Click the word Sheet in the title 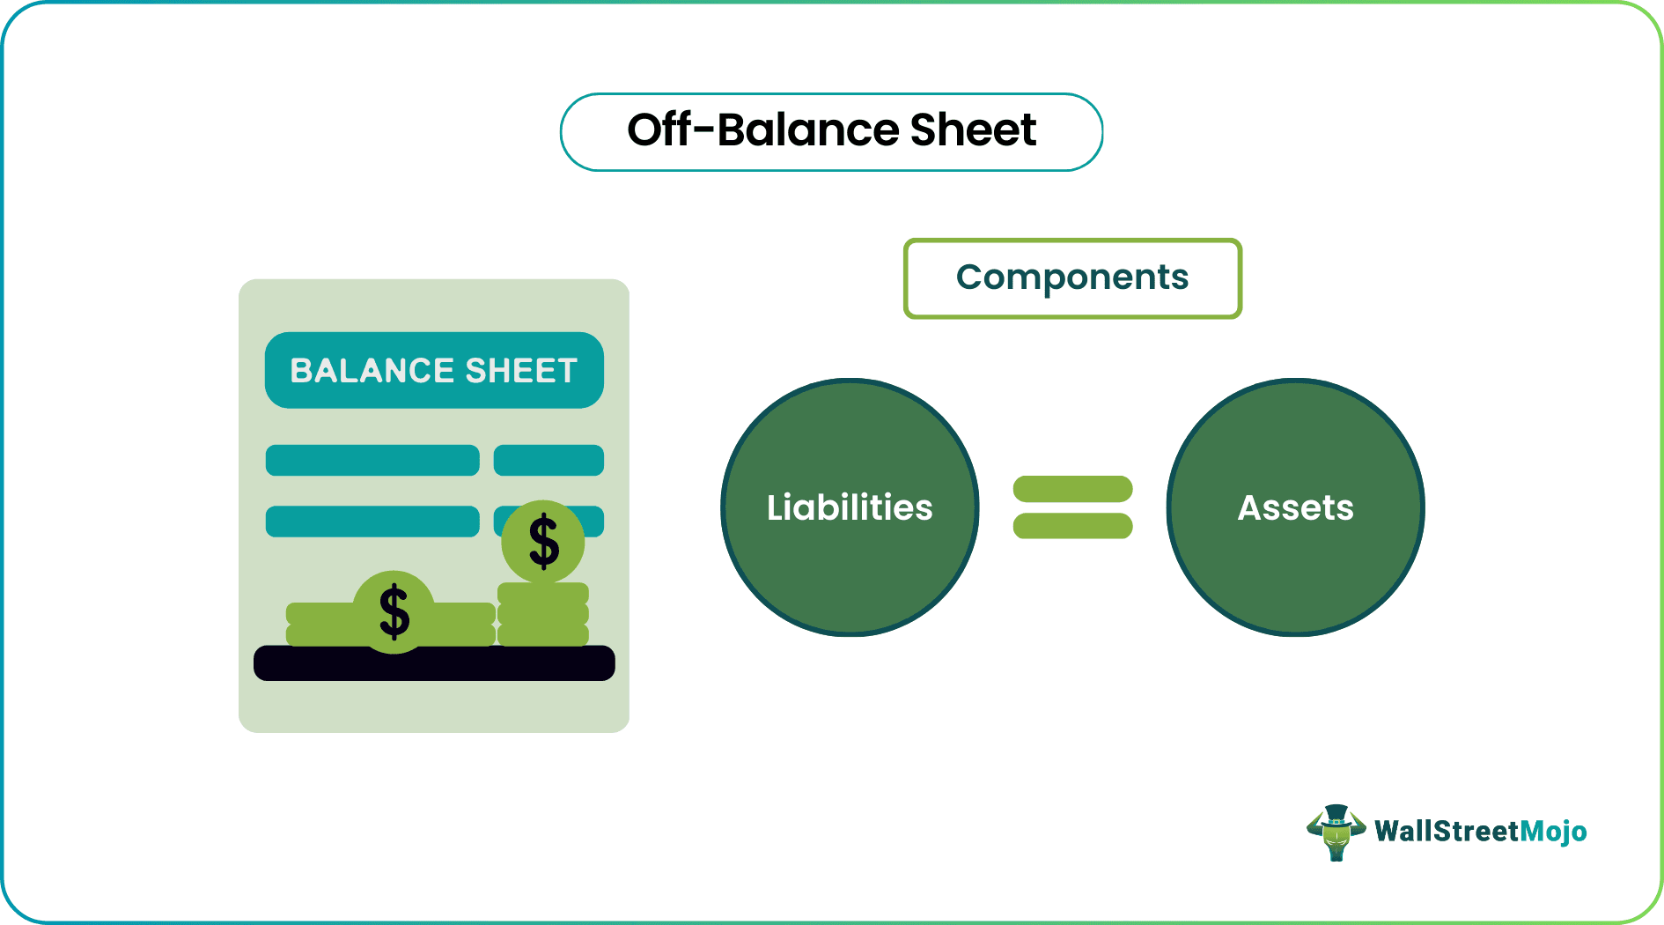pyautogui.click(x=973, y=130)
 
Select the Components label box pyautogui.click(x=1072, y=278)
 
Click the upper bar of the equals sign pyautogui.click(x=1072, y=489)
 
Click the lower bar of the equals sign pyautogui.click(x=1072, y=526)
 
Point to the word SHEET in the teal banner pyautogui.click(x=521, y=371)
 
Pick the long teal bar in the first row pyautogui.click(x=372, y=460)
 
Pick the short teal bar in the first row pyautogui.click(x=549, y=460)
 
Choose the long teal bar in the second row pyautogui.click(x=372, y=522)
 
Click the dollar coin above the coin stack pyautogui.click(x=543, y=541)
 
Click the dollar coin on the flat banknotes pyautogui.click(x=394, y=611)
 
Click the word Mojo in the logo pyautogui.click(x=1553, y=831)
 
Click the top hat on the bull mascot pyautogui.click(x=1336, y=814)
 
